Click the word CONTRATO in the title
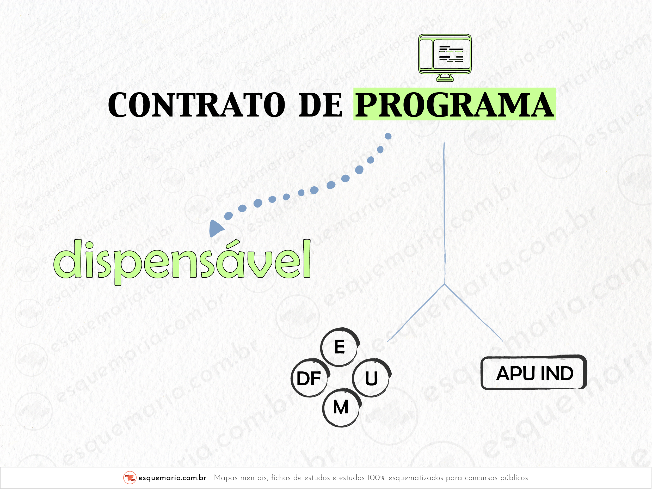click(196, 105)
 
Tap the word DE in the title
click(321, 105)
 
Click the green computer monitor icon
click(445, 58)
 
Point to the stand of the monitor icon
click(445, 77)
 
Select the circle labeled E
click(340, 347)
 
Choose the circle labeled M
click(341, 408)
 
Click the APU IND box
click(534, 372)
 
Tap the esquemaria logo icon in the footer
click(130, 478)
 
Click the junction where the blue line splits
click(445, 284)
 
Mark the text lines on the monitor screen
click(451, 54)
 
